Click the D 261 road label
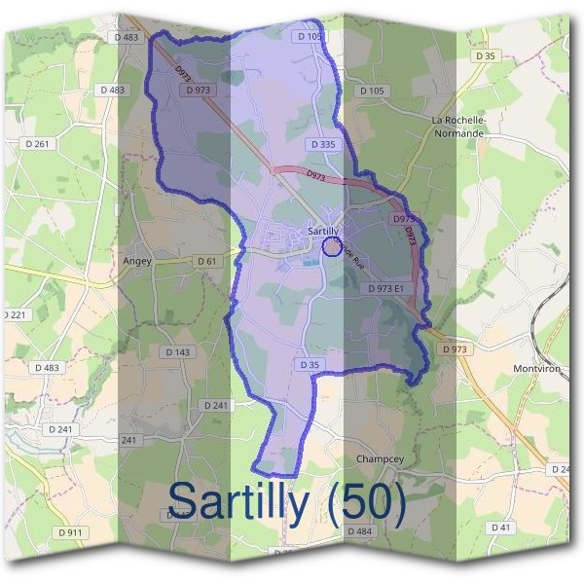pyautogui.click(x=38, y=143)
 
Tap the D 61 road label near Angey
pyautogui.click(x=205, y=262)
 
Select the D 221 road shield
pyautogui.click(x=15, y=315)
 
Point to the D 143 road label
pyautogui.click(x=178, y=351)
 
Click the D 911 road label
pyautogui.click(x=70, y=532)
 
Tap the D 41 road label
pyautogui.click(x=501, y=527)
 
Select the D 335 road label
pyautogui.click(x=323, y=144)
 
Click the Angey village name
pyautogui.click(x=138, y=261)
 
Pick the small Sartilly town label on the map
pyautogui.click(x=323, y=231)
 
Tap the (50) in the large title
pyautogui.click(x=368, y=501)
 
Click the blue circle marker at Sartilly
pyautogui.click(x=331, y=247)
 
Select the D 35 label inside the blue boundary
pyautogui.click(x=310, y=364)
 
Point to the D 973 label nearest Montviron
pyautogui.click(x=455, y=347)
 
